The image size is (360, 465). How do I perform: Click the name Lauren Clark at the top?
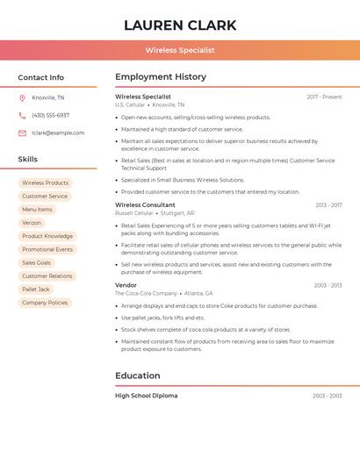pyautogui.click(x=180, y=24)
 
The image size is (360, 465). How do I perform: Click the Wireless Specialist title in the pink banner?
pyautogui.click(x=180, y=50)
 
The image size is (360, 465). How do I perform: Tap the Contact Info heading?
pyautogui.click(x=40, y=77)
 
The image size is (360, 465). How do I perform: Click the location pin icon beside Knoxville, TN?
pyautogui.click(x=22, y=97)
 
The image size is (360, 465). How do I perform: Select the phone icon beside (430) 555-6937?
pyautogui.click(x=22, y=115)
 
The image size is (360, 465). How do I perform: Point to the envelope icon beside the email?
pyautogui.click(x=22, y=132)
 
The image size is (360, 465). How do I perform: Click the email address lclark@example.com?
pyautogui.click(x=58, y=132)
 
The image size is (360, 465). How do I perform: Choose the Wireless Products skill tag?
pyautogui.click(x=45, y=182)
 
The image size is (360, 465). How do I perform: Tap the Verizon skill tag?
pyautogui.click(x=32, y=223)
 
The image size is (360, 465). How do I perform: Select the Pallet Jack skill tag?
pyautogui.click(x=36, y=289)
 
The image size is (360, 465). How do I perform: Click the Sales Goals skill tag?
pyautogui.click(x=37, y=262)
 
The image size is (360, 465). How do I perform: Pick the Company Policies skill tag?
pyautogui.click(x=45, y=302)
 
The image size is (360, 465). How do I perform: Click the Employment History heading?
pyautogui.click(x=161, y=77)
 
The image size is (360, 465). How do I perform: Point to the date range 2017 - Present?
pyautogui.click(x=324, y=97)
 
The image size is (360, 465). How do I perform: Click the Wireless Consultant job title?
pyautogui.click(x=145, y=204)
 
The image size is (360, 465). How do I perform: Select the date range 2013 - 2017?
pyautogui.click(x=328, y=204)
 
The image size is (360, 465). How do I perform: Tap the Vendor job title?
pyautogui.click(x=126, y=285)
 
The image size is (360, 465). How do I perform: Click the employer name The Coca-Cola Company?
pyautogui.click(x=145, y=293)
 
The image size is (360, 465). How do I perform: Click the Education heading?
pyautogui.click(x=137, y=376)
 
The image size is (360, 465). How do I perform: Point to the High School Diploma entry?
pyautogui.click(x=146, y=396)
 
